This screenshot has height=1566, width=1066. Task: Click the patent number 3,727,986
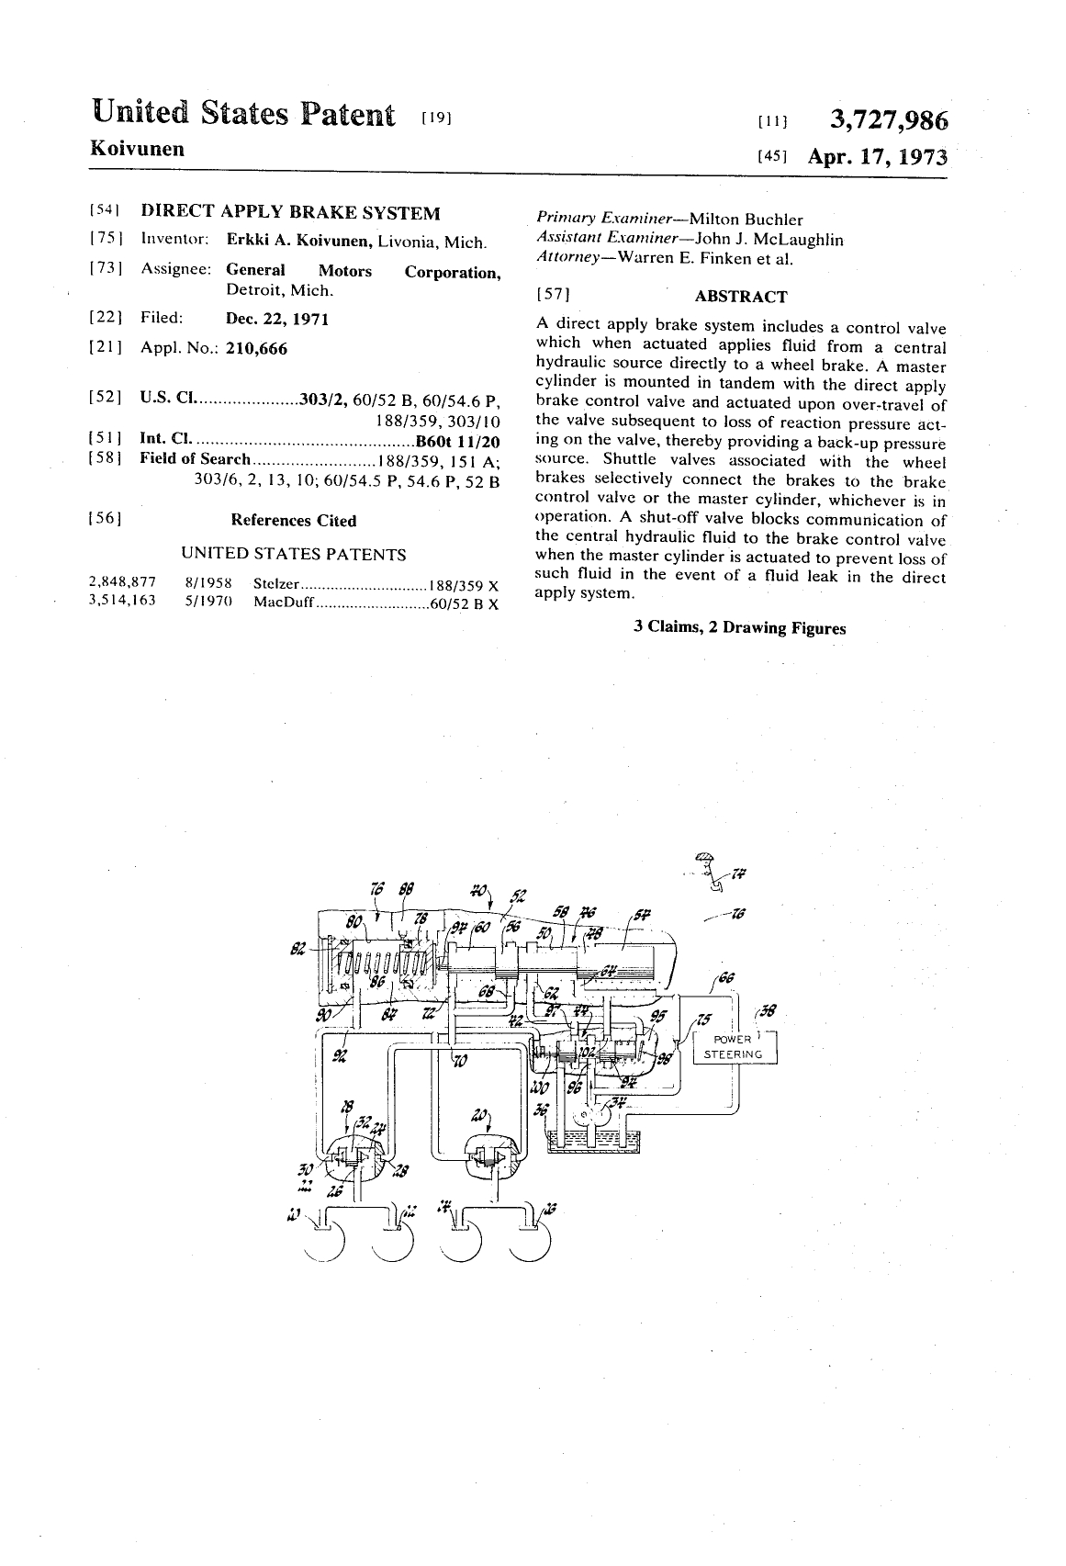coord(888,120)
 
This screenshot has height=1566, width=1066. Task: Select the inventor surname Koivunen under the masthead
coord(137,149)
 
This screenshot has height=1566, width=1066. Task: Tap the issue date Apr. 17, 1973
coord(876,156)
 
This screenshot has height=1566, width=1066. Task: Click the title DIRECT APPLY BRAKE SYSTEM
coord(290,213)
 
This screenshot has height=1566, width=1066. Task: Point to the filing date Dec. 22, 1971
coord(277,319)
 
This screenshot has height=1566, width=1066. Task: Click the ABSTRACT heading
coord(740,297)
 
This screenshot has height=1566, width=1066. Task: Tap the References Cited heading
coord(293,521)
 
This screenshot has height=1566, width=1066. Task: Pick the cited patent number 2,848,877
coord(122,582)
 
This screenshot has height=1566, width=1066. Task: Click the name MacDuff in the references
coord(284,603)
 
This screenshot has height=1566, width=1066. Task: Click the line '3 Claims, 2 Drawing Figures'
coord(739,628)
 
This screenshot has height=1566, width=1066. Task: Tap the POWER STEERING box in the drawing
coord(733,1047)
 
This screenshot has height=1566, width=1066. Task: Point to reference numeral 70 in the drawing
coord(460,1061)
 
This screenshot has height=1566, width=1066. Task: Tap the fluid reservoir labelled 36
coord(595,1139)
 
